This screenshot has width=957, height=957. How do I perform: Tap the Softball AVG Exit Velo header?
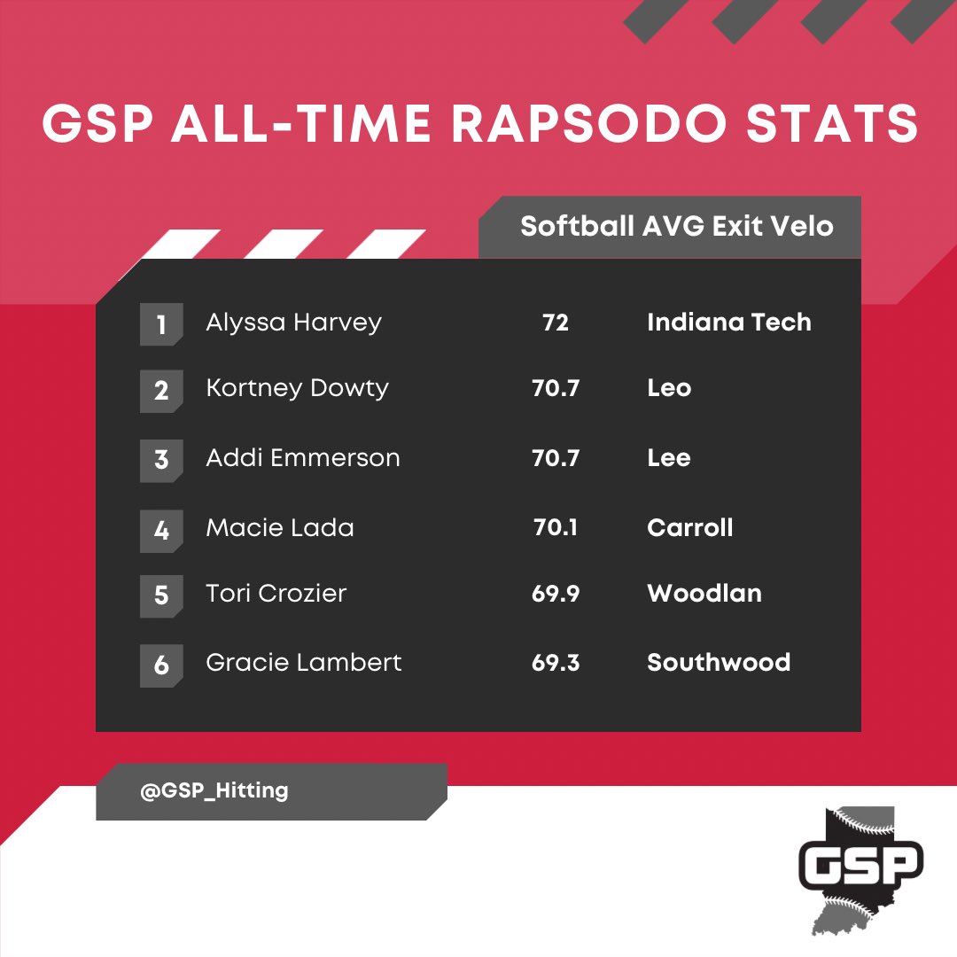[677, 226]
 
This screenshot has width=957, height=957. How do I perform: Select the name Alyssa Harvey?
[293, 322]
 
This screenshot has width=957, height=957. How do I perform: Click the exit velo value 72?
[556, 323]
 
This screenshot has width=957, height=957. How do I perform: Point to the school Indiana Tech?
[729, 322]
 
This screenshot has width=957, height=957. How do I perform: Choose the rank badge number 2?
[161, 391]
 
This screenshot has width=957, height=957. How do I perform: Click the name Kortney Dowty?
[297, 389]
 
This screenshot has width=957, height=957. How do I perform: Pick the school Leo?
[669, 388]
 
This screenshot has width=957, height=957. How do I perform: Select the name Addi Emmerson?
[303, 458]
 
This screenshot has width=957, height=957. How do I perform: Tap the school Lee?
[669, 458]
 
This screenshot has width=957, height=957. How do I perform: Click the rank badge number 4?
[161, 530]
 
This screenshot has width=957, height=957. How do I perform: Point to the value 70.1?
[556, 528]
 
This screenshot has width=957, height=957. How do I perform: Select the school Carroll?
[690, 528]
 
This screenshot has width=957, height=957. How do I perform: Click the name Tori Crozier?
[276, 593]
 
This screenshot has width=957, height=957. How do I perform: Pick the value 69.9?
[556, 594]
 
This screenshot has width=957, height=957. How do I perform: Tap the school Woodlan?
[704, 593]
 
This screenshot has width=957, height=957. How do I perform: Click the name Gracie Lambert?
[304, 662]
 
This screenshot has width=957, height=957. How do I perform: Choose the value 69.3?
[556, 663]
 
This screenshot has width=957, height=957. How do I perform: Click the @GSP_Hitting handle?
[214, 791]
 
